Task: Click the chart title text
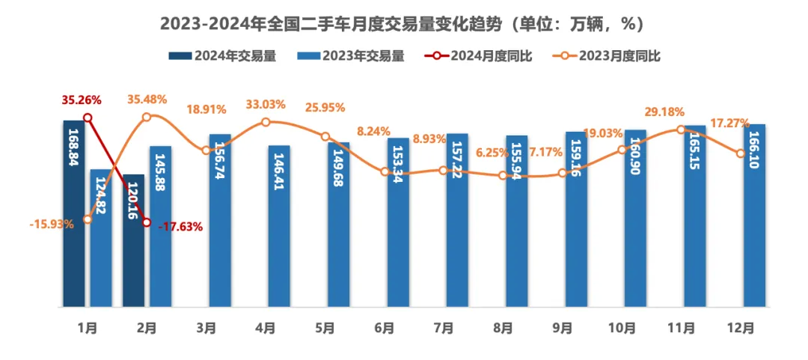(403, 25)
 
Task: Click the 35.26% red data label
(82, 100)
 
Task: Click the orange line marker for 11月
(681, 129)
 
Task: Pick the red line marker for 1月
(88, 118)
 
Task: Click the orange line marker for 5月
(325, 136)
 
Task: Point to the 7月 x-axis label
(444, 328)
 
